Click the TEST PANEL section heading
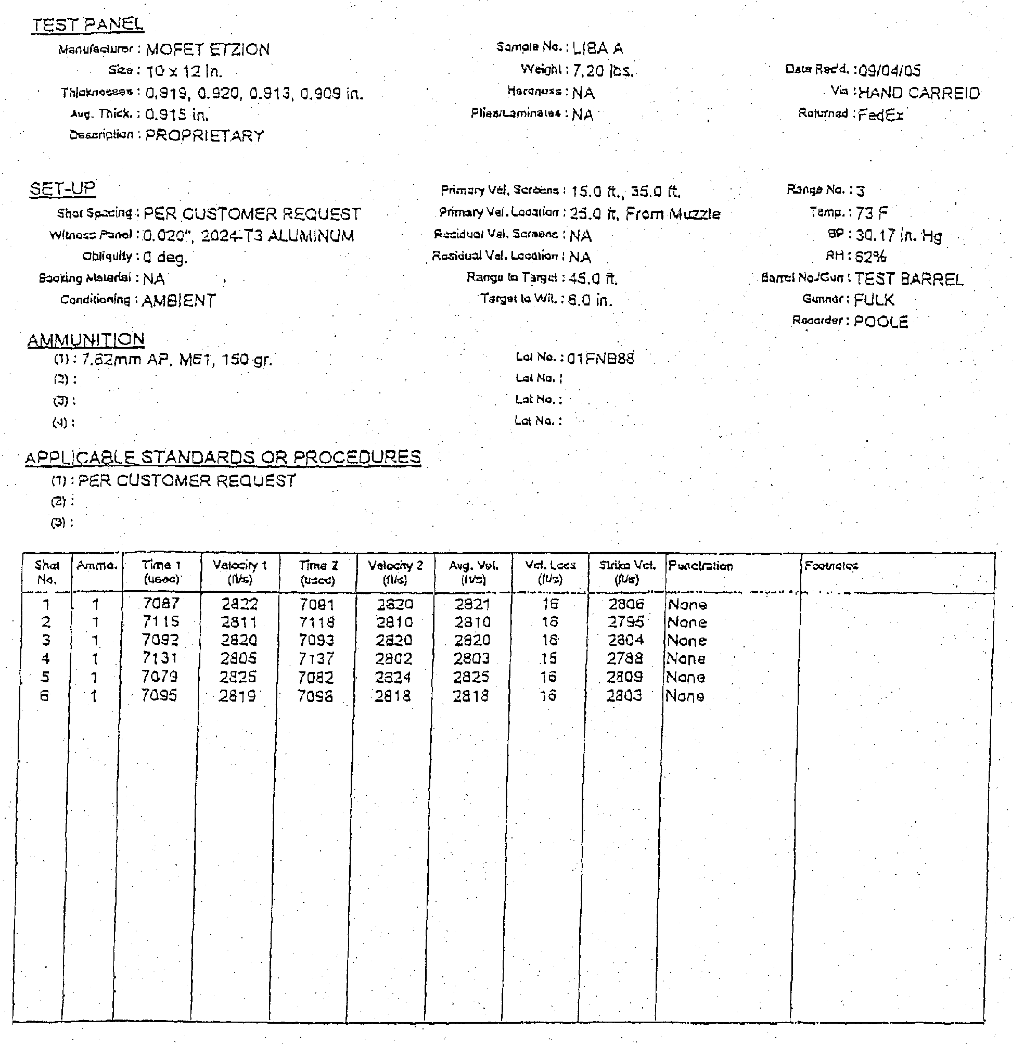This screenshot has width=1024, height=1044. pyautogui.click(x=87, y=25)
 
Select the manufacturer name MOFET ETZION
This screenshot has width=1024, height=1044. pyautogui.click(x=208, y=50)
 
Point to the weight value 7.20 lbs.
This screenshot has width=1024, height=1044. pyautogui.click(x=603, y=70)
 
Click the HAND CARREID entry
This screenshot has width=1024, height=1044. pyautogui.click(x=918, y=94)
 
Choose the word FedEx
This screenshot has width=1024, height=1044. pyautogui.click(x=880, y=114)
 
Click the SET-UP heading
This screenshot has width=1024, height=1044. pyautogui.click(x=62, y=189)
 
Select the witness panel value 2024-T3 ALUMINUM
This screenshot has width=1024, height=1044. pyautogui.click(x=277, y=236)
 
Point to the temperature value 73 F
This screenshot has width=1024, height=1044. pyautogui.click(x=871, y=213)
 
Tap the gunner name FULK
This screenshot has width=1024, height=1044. pyautogui.click(x=874, y=300)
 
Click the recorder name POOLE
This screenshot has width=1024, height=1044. pyautogui.click(x=880, y=322)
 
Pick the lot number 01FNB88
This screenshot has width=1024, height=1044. pyautogui.click(x=601, y=359)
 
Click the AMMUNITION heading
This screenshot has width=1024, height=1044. pyautogui.click(x=86, y=340)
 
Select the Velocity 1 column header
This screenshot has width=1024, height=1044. pyautogui.click(x=239, y=572)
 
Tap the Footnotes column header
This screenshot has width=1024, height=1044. pyautogui.click(x=831, y=566)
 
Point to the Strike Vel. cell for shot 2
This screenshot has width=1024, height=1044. pyautogui.click(x=625, y=622)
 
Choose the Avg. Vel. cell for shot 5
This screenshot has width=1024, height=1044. pyautogui.click(x=470, y=677)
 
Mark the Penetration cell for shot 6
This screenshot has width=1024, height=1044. pyautogui.click(x=685, y=696)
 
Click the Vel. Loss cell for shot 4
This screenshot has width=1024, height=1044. pyautogui.click(x=548, y=658)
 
